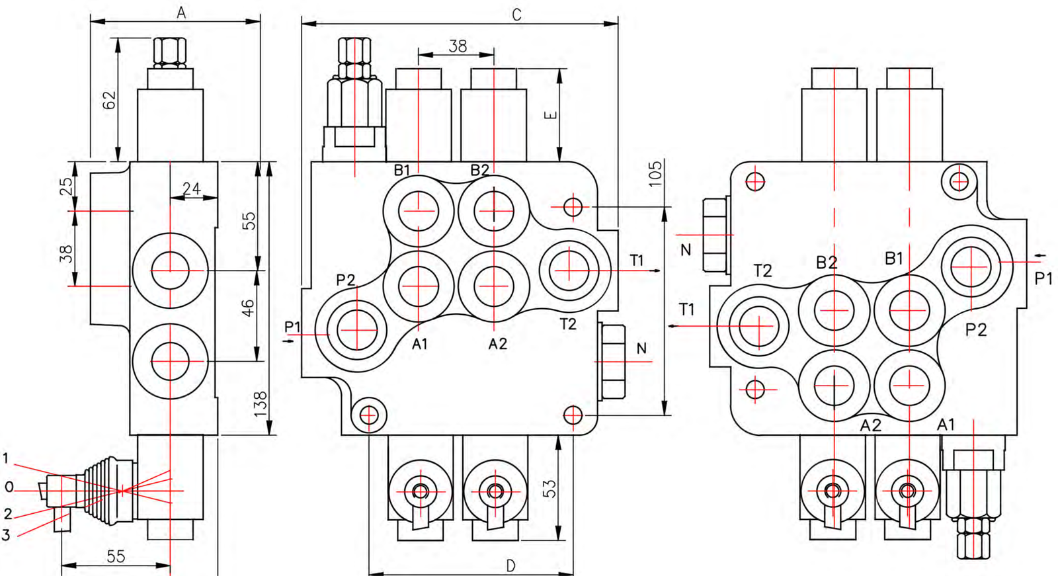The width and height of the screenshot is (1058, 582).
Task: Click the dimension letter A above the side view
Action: coord(181,13)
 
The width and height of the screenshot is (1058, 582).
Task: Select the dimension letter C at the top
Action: coord(516,15)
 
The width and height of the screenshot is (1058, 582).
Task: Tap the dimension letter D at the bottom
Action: coord(510,565)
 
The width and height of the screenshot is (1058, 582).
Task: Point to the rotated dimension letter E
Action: coord(551,115)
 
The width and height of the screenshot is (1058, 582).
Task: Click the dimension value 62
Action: coord(109,99)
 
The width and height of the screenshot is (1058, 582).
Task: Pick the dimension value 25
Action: coord(67,186)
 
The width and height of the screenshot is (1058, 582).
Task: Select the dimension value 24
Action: coord(192,189)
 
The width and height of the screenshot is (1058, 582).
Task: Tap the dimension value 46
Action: coord(247,308)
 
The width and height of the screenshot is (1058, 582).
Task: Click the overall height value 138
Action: coord(261,404)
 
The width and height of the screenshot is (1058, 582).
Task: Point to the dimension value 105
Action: coord(655,173)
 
